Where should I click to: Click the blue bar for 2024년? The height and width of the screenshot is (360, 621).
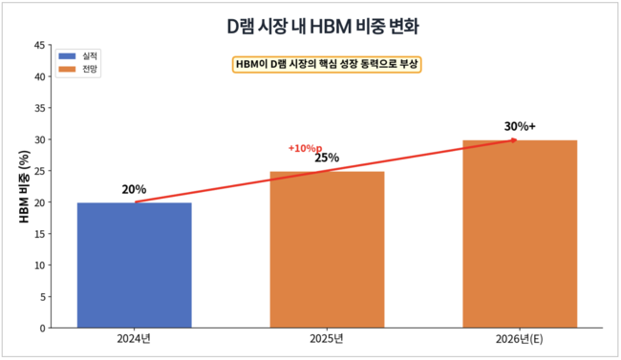click(x=134, y=265)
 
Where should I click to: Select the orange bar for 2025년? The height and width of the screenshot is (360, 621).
click(x=327, y=249)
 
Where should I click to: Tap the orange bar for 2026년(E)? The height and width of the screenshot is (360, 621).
click(x=520, y=234)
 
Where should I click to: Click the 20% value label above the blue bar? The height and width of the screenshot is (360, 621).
click(x=134, y=189)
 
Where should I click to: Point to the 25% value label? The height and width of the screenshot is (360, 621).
click(x=327, y=159)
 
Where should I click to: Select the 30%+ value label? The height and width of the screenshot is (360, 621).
click(x=520, y=126)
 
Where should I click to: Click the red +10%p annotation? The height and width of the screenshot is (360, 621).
click(x=305, y=148)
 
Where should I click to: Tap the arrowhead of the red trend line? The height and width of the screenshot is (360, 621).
click(x=514, y=140)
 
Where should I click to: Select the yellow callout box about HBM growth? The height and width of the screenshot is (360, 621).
click(x=328, y=64)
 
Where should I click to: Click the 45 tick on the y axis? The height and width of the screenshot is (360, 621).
click(x=39, y=45)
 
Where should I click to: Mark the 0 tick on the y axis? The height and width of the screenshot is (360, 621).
click(x=42, y=328)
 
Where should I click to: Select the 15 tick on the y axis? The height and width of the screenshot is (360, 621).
click(x=39, y=234)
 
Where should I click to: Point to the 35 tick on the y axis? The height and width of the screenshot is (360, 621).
click(x=39, y=108)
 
